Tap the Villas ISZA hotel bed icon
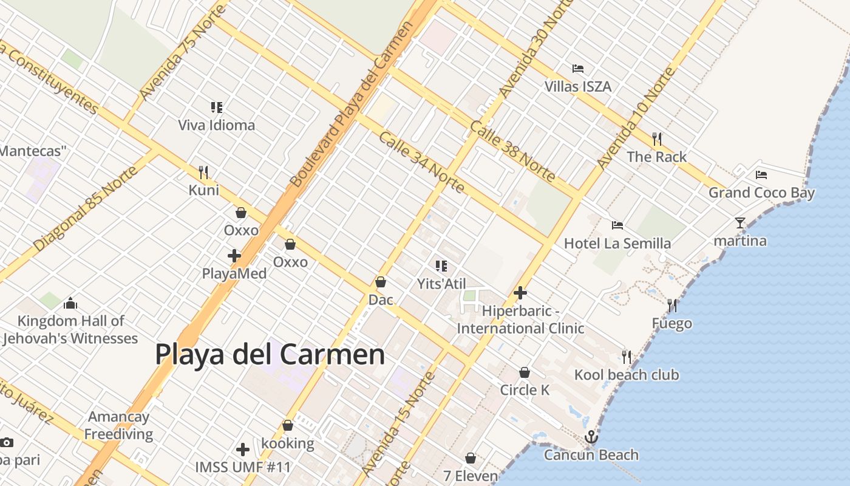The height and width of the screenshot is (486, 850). [578, 69]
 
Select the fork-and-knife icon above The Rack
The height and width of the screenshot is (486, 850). [657, 139]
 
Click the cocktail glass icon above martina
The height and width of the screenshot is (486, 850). [739, 223]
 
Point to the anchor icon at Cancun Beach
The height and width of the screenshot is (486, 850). [591, 437]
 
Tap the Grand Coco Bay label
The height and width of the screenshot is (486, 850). [761, 193]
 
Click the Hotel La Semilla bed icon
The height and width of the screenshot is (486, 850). [617, 225]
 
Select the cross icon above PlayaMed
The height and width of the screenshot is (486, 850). [234, 256]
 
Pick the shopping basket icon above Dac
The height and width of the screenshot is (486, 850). [381, 282]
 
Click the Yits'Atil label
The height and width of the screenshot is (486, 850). [441, 284]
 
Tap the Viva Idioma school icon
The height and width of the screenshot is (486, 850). [217, 108]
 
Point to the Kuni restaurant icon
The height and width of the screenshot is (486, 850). [203, 173]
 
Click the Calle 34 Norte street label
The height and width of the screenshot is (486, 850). [422, 162]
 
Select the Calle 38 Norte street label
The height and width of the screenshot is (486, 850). [512, 151]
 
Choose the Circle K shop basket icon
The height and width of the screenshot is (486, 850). [525, 372]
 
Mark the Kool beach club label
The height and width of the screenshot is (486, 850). [627, 375]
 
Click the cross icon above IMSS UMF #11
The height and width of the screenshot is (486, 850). [243, 450]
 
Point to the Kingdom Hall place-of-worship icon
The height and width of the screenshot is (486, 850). [70, 303]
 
